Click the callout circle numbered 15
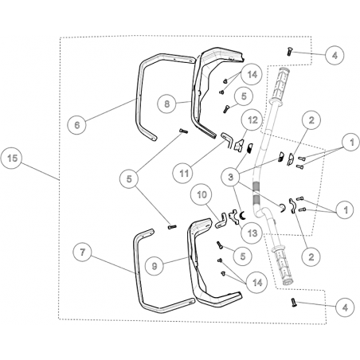click(12, 158)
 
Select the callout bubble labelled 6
click(77, 125)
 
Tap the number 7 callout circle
click(83, 252)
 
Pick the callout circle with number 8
click(166, 104)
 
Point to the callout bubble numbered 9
click(155, 266)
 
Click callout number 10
click(202, 194)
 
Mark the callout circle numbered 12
click(252, 120)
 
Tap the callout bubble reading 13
click(252, 233)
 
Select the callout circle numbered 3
click(230, 177)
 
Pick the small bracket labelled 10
click(221, 221)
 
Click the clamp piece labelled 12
click(239, 145)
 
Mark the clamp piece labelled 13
click(233, 217)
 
